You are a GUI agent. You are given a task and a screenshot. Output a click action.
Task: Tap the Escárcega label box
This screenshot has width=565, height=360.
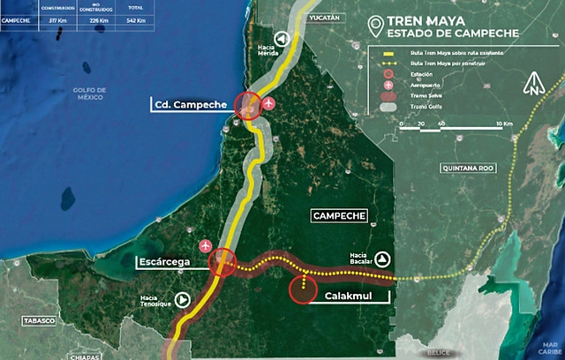point(171,262)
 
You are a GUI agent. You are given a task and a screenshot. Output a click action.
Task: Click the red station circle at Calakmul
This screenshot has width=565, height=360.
point(304,289)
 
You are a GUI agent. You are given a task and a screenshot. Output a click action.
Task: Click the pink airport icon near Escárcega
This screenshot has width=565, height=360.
point(207,244)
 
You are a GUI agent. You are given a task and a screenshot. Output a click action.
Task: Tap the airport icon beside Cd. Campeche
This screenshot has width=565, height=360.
point(269,104)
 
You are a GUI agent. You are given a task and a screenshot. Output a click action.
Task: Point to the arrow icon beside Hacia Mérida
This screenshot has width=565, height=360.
point(282,39)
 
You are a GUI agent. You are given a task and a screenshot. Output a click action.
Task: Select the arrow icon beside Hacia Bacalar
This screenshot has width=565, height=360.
point(382,259)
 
